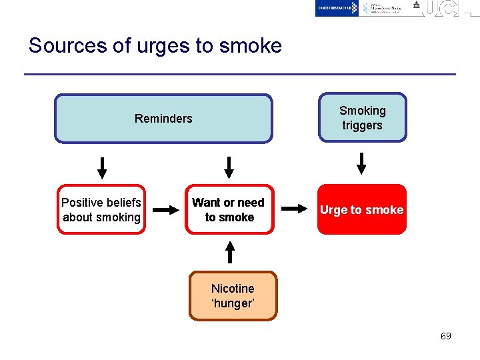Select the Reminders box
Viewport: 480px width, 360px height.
163,119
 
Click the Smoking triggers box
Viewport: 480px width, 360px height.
362,118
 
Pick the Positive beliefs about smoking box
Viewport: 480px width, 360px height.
101,209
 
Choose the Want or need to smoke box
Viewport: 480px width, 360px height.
229,209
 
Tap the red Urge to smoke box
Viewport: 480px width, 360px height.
361,209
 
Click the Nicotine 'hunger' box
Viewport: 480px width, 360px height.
233,296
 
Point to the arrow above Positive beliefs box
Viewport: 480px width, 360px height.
102,167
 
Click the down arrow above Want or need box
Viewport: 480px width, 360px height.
229,167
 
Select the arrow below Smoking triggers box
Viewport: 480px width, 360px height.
361,163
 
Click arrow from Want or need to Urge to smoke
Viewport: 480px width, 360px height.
293,209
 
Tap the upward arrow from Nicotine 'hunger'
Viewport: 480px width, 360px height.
230,252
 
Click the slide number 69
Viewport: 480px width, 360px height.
445,336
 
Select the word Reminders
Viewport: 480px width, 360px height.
163,119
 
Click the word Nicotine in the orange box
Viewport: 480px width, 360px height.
233,289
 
